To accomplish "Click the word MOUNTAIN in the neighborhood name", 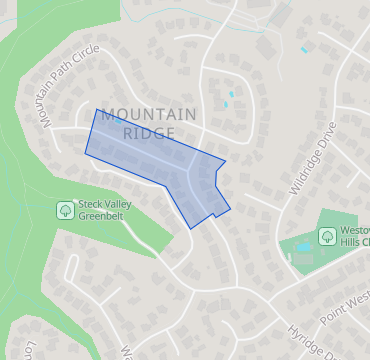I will (x=149, y=114).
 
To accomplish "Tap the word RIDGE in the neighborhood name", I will (x=149, y=132).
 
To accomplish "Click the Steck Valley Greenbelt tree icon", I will (x=64, y=210).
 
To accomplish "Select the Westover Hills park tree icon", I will (x=326, y=236).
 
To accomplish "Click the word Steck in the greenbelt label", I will (x=93, y=204).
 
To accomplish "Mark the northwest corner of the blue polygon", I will (x=96, y=109).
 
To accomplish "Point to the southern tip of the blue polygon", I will (x=190, y=228).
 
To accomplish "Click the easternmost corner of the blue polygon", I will (x=230, y=209).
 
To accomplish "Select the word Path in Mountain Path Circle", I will (x=60, y=96).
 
